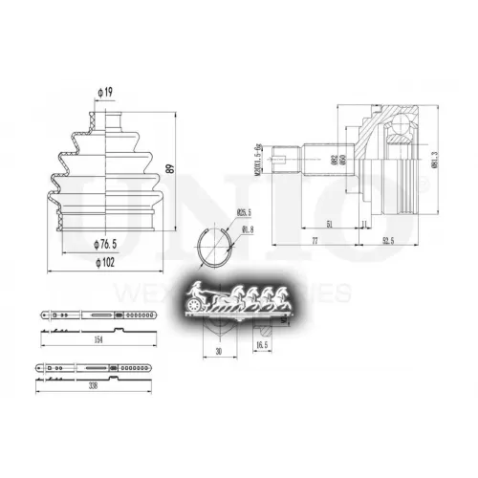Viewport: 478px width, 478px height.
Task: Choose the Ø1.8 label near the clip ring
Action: click(x=248, y=228)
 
